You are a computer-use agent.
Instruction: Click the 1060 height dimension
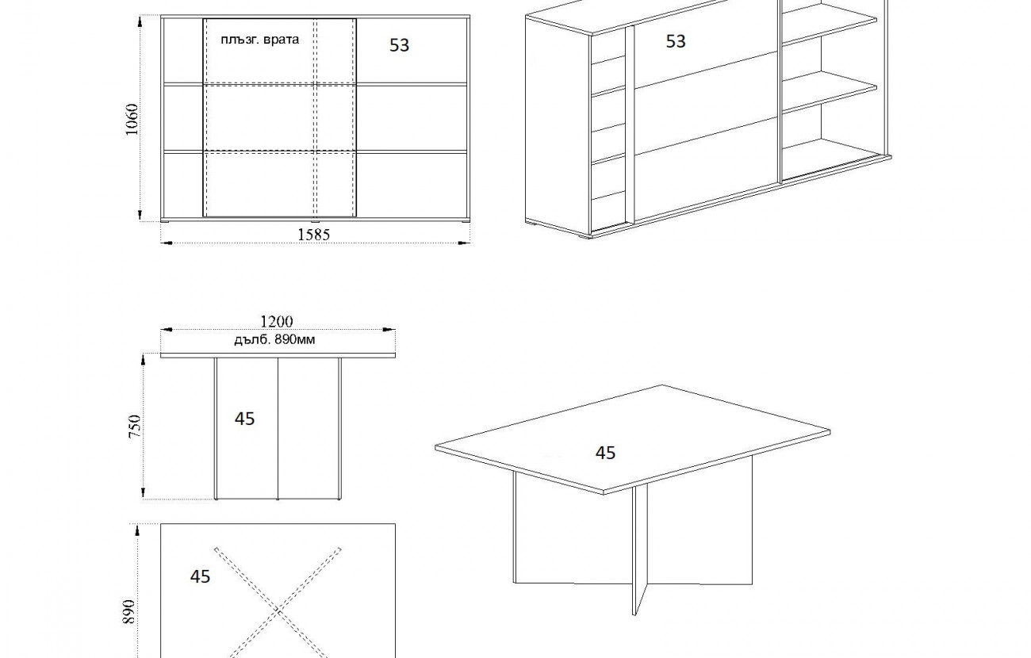pyautogui.click(x=132, y=120)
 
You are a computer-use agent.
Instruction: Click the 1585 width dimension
pyautogui.click(x=314, y=235)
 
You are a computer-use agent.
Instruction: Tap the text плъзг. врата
pyautogui.click(x=260, y=40)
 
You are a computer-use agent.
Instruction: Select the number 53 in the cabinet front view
pyautogui.click(x=399, y=45)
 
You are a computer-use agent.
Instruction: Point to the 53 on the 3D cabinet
pyautogui.click(x=676, y=41)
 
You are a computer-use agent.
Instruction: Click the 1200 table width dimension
pyautogui.click(x=277, y=321)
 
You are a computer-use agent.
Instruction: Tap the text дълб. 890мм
pyautogui.click(x=274, y=340)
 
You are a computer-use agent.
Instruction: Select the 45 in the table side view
pyautogui.click(x=244, y=419)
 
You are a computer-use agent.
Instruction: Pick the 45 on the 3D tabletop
pyautogui.click(x=605, y=453)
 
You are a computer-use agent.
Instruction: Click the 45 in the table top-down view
pyautogui.click(x=200, y=576)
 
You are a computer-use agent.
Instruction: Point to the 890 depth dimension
pyautogui.click(x=128, y=611)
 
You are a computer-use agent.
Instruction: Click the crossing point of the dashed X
pyautogui.click(x=278, y=610)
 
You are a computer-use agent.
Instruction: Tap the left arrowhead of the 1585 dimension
pyautogui.click(x=167, y=243)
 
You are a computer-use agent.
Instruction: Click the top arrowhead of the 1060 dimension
pyautogui.click(x=140, y=21)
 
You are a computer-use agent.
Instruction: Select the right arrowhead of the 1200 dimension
pyautogui.click(x=389, y=330)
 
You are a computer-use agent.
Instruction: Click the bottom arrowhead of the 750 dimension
pyautogui.click(x=143, y=493)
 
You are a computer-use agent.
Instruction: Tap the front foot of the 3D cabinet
pyautogui.click(x=585, y=236)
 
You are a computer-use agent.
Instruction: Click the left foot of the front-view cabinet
pyautogui.click(x=165, y=222)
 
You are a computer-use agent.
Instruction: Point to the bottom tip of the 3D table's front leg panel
pyautogui.click(x=634, y=614)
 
